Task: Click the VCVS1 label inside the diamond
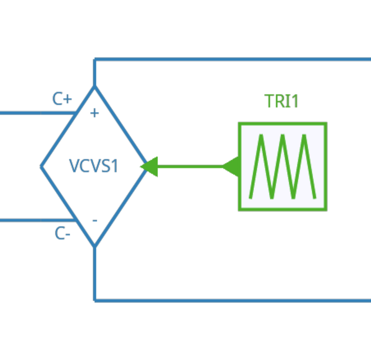pos(94,166)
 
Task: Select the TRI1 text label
pos(282,101)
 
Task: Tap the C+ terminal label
pos(62,99)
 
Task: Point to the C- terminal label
pos(62,234)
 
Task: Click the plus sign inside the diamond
pos(94,113)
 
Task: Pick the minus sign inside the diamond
pos(95,221)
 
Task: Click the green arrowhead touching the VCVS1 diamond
pos(150,166)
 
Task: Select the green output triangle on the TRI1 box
pos(232,166)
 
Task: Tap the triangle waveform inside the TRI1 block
pos(282,166)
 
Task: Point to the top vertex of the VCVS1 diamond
pos(94,87)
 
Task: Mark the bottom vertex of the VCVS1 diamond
pos(94,246)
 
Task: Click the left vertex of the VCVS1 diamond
pos(41,166)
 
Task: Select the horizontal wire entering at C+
pos(33,113)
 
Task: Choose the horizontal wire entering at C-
pos(33,220)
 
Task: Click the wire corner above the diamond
pos(95,60)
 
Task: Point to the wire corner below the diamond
pos(95,300)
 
